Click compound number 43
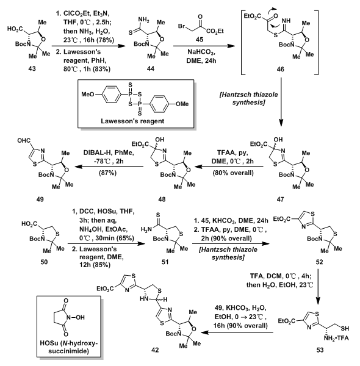click(x=32, y=68)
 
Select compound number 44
click(x=151, y=68)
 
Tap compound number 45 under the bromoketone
click(x=199, y=39)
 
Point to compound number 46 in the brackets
click(x=280, y=69)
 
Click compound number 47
click(x=280, y=199)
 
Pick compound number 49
click(x=40, y=199)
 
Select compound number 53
click(x=320, y=350)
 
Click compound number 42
click(x=155, y=350)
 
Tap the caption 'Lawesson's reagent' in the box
click(x=132, y=121)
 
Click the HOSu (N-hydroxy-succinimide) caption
click(x=68, y=347)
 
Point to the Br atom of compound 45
click(x=182, y=26)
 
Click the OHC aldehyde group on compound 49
click(x=24, y=141)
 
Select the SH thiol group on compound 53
click(x=345, y=328)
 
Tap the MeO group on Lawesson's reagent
click(x=88, y=95)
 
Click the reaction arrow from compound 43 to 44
click(x=88, y=46)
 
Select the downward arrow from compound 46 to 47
click(x=281, y=102)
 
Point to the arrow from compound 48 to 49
click(x=109, y=167)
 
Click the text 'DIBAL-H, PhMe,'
click(x=109, y=152)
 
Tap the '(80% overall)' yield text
click(x=233, y=173)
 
